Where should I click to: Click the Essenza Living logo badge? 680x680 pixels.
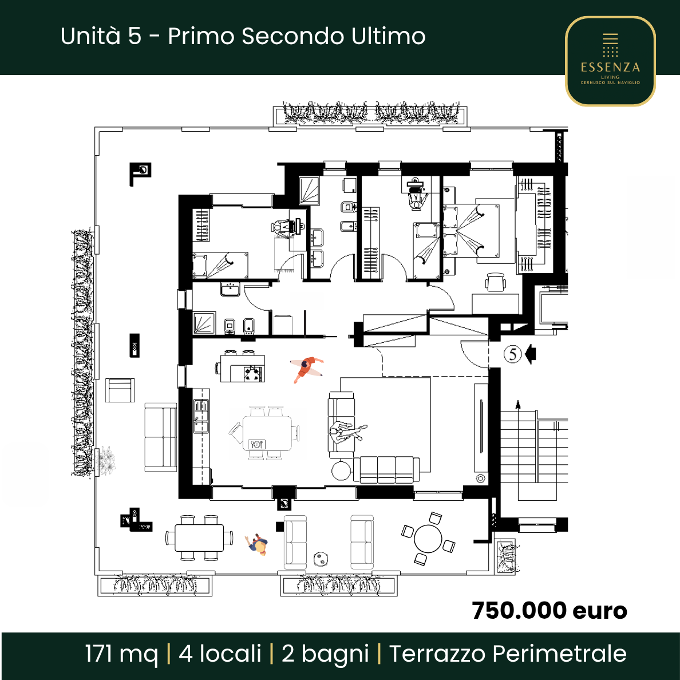coord(610,61)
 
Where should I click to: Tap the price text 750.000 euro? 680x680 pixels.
coord(549,611)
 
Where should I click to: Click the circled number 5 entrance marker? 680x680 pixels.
coord(513,354)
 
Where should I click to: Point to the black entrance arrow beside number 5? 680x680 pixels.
coord(531,354)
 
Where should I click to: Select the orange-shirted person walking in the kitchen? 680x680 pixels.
coord(307,368)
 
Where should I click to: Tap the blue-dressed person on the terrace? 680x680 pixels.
coord(258,545)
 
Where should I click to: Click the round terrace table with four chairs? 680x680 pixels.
coord(428,539)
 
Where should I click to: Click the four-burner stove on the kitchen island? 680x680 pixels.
coord(253,373)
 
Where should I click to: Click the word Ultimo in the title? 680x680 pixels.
coord(389,36)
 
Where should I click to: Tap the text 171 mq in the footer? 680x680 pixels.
coord(121,654)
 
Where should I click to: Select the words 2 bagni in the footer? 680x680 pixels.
coord(325,655)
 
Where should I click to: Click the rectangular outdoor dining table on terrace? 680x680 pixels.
coord(199,537)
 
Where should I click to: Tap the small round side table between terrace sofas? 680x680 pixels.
coord(321,559)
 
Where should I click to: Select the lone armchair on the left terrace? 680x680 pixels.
coord(120,390)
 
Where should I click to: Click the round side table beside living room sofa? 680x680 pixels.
coord(341,471)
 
